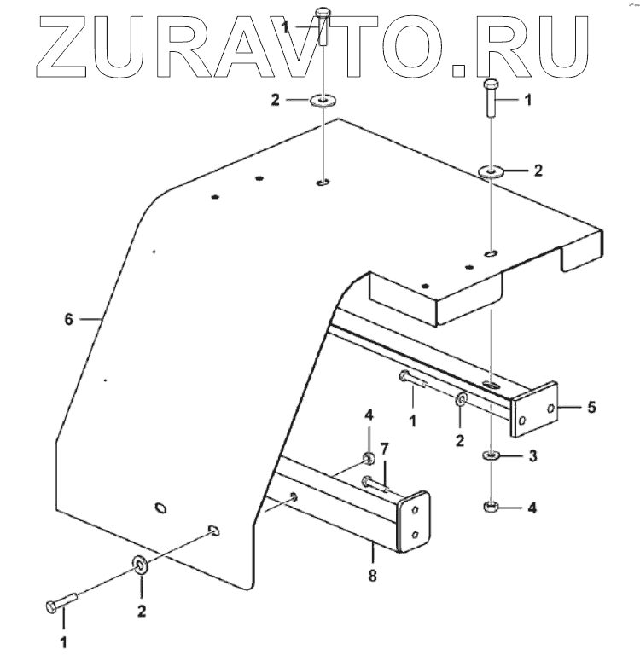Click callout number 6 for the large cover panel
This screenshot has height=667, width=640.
coord(69,320)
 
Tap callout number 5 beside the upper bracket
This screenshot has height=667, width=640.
coord(590,407)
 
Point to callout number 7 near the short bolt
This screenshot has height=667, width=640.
coord(385,448)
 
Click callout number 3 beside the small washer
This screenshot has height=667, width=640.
coord(531,457)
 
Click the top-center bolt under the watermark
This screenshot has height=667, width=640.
coord(322,25)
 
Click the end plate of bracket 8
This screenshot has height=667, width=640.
coord(415,519)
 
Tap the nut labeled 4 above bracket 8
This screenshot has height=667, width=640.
coord(368,461)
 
